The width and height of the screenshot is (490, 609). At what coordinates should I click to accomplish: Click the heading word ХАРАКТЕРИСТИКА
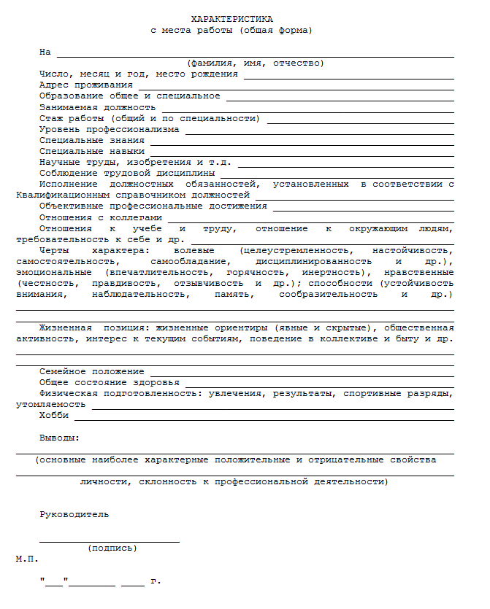click(x=231, y=18)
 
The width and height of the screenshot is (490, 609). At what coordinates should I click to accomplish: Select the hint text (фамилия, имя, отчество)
click(x=256, y=63)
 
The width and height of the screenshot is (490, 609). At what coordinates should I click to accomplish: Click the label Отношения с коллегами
click(x=101, y=217)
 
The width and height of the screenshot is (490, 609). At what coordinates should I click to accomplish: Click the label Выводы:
click(x=60, y=438)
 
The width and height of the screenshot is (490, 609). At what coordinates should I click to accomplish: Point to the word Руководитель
click(x=74, y=514)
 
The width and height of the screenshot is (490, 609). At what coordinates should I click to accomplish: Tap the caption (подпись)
click(x=112, y=548)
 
